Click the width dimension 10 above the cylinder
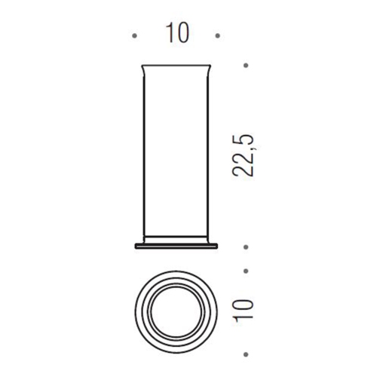tap(175, 34)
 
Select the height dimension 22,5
tap(244, 157)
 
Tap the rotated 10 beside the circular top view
tap(244, 310)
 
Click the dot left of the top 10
tap(134, 35)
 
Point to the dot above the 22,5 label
tap(245, 66)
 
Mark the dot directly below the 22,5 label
tap(245, 247)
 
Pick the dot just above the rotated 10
tap(245, 269)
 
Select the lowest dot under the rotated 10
tap(245, 352)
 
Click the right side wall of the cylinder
tap(208, 151)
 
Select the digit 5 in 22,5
tap(244, 140)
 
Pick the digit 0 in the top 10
tap(182, 34)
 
